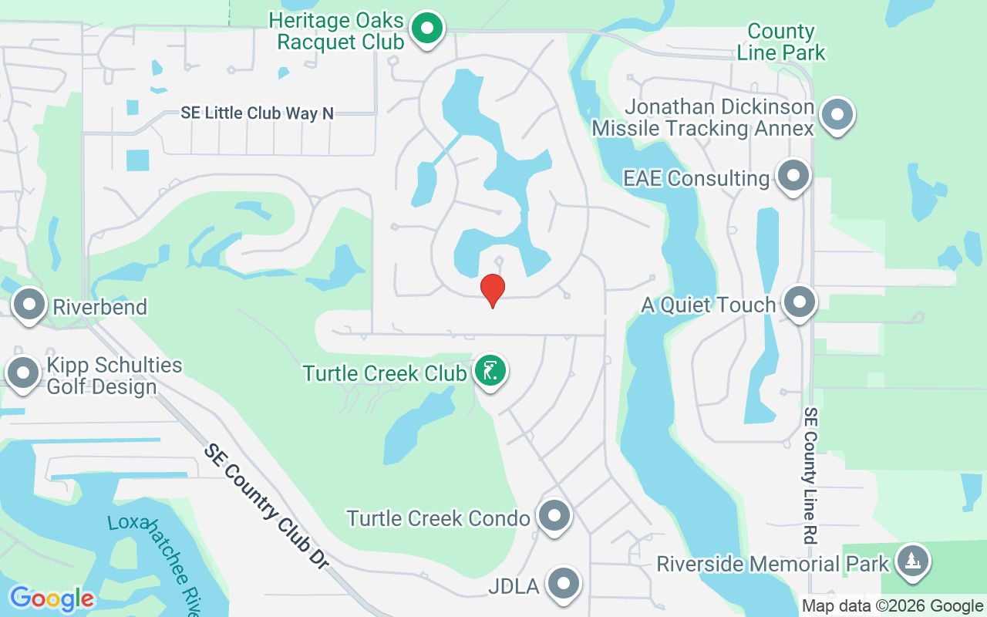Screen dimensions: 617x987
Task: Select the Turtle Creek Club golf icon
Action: [490, 372]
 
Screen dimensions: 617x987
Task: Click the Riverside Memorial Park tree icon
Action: [912, 561]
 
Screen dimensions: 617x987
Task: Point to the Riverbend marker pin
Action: [29, 305]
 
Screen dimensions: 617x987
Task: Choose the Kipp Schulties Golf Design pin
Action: [23, 373]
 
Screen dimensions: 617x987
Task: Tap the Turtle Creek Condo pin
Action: [554, 516]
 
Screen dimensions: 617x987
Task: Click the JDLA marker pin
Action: [563, 584]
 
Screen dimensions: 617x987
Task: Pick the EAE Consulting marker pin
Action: [792, 177]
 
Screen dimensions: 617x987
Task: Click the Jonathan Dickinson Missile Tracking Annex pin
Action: [837, 116]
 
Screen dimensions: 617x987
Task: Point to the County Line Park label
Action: [781, 42]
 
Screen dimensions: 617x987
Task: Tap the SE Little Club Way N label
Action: [258, 113]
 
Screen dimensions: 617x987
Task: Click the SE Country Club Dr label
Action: [266, 504]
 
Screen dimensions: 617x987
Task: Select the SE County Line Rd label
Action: [810, 476]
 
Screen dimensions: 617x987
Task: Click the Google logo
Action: [52, 598]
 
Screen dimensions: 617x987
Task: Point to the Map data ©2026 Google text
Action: [892, 606]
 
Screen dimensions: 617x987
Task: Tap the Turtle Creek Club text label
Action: [385, 373]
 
